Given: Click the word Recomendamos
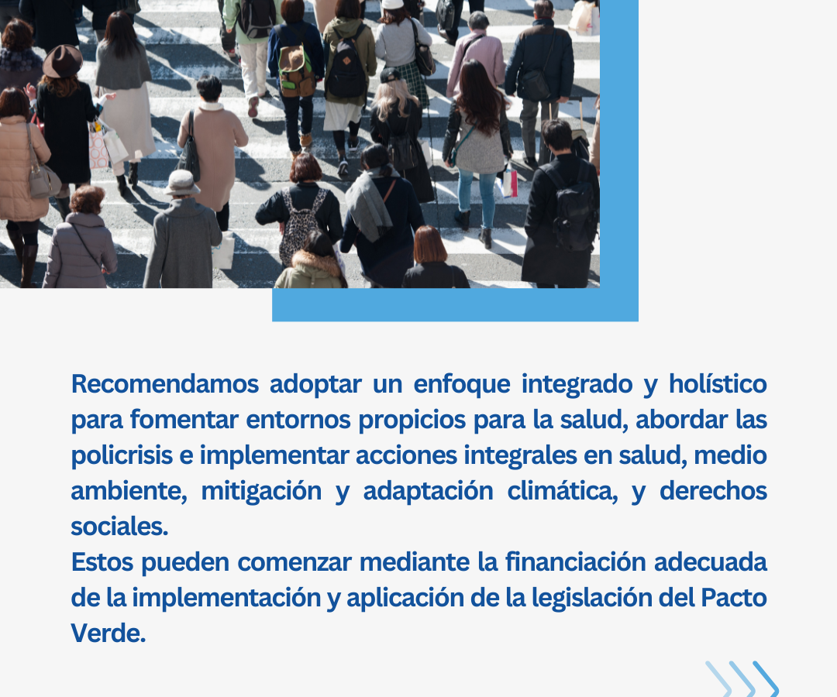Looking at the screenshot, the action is tap(165, 384).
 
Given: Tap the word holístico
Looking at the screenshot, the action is tap(718, 384).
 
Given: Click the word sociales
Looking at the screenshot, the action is tap(119, 527).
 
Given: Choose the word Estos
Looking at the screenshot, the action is tap(102, 562).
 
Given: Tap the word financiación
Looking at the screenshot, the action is tap(575, 562).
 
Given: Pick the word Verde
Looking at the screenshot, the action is tap(108, 633).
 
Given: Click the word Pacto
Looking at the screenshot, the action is tap(733, 598).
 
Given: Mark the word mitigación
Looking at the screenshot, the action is tap(262, 492).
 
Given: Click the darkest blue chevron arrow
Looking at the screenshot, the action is tap(766, 679).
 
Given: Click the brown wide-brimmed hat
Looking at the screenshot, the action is tap(63, 61).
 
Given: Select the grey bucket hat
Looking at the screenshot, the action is tap(181, 183).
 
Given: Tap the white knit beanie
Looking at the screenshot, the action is tap(394, 5).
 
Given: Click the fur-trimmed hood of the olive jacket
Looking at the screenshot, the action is tap(318, 261).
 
